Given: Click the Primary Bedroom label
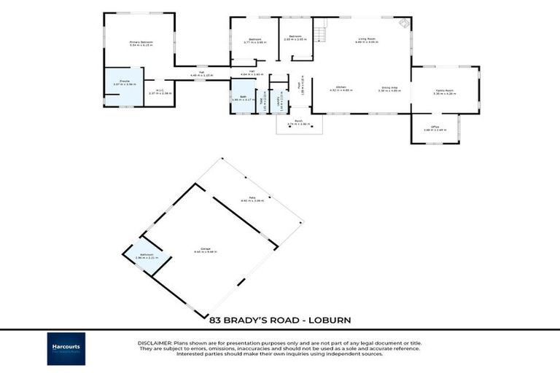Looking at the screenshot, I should click(x=140, y=44).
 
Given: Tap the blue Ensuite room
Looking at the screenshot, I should click(x=120, y=86).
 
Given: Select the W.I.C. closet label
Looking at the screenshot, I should click(x=160, y=92).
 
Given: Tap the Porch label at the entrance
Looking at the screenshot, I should click(x=298, y=122).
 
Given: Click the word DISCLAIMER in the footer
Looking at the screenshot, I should click(x=154, y=342).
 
